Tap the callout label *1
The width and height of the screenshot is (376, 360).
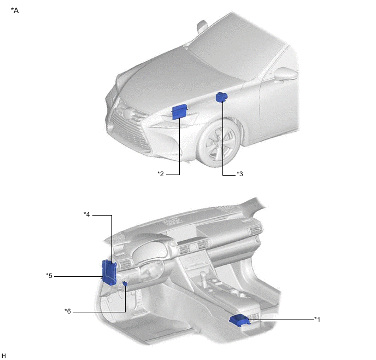317,318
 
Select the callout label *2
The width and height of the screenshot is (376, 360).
160,174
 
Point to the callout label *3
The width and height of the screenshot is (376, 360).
239,174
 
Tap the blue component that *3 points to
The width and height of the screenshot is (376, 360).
222,97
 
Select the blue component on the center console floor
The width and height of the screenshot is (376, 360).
240,320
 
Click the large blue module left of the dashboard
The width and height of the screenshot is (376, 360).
109,272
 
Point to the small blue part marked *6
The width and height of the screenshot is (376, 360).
125,283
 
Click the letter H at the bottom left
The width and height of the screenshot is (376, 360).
4,356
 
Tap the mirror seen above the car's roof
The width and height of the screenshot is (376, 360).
203,25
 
